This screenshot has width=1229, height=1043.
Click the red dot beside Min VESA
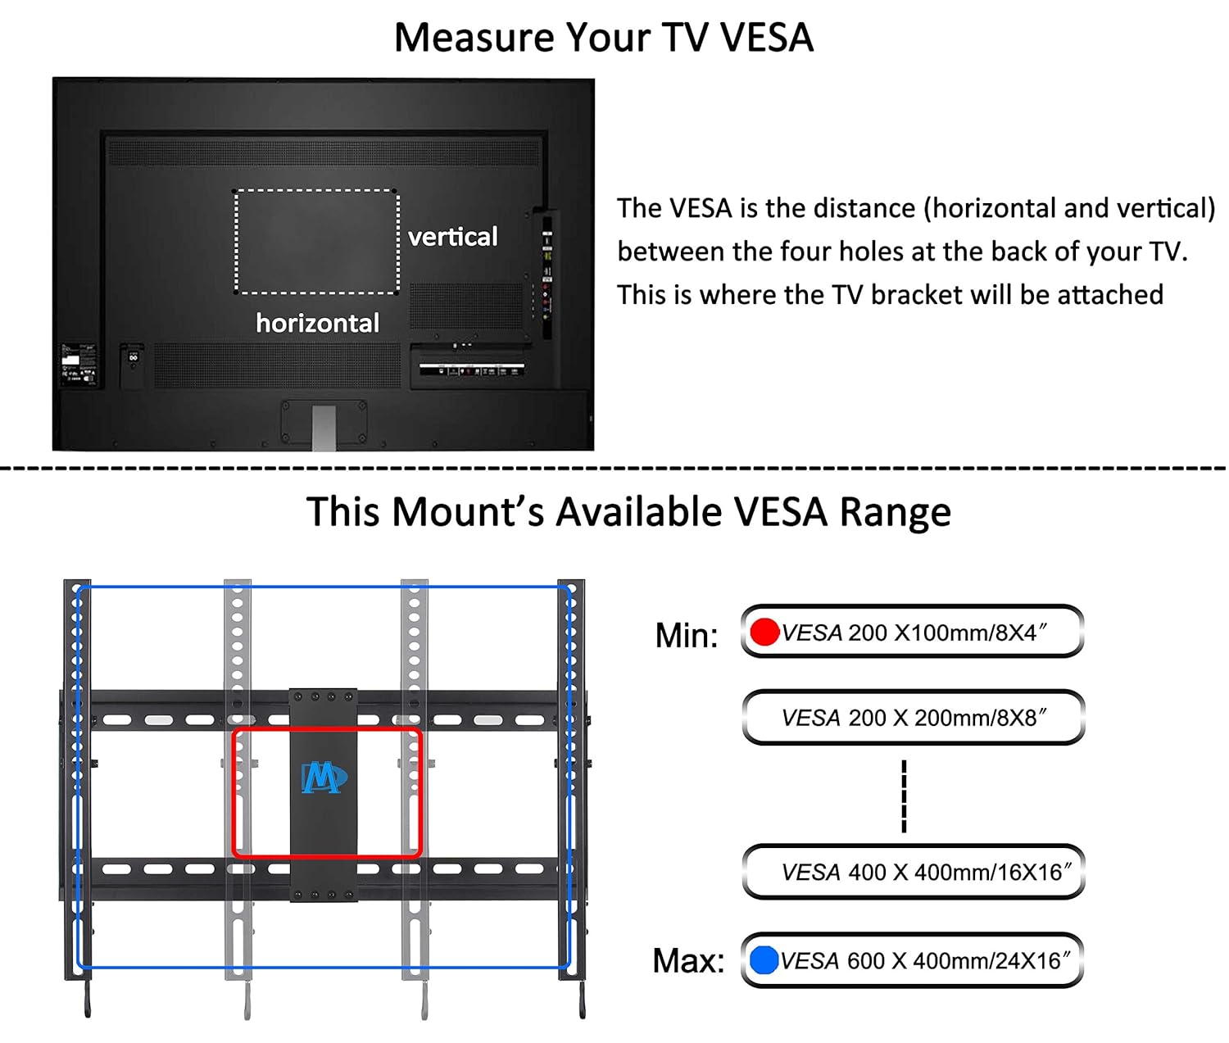(x=764, y=632)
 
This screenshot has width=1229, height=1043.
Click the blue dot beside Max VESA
(x=764, y=959)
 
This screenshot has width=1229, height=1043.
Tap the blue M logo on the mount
(x=324, y=778)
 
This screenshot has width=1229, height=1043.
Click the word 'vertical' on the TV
(x=452, y=237)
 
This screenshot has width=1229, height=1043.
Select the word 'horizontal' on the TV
(x=318, y=323)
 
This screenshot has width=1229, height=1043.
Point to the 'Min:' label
(x=686, y=635)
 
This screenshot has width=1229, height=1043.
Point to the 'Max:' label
(x=688, y=960)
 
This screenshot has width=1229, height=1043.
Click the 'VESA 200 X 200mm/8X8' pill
(x=914, y=717)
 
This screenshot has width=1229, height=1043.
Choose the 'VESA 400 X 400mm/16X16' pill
(x=914, y=872)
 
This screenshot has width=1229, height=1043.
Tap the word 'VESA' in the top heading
(x=766, y=38)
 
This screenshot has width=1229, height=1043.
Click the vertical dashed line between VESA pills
(x=904, y=796)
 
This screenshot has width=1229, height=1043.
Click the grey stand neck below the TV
(x=324, y=428)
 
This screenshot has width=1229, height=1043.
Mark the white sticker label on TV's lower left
(x=70, y=361)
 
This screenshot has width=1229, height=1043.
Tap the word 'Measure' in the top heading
(x=474, y=38)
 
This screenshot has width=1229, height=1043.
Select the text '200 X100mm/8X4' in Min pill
(x=946, y=633)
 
